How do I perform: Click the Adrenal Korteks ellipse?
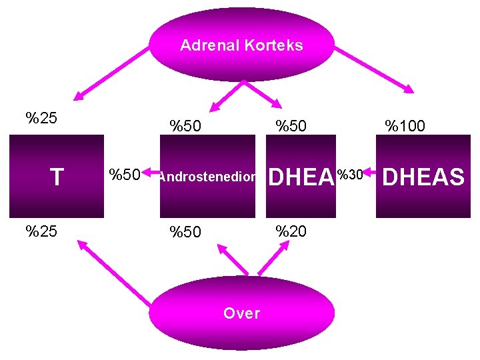(x=241, y=45)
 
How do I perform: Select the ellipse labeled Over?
(x=241, y=313)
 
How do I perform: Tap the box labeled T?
(x=57, y=177)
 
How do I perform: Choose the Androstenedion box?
(x=207, y=177)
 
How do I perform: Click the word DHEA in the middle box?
(x=300, y=177)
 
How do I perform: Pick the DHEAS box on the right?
(x=423, y=177)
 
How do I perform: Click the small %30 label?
(x=350, y=175)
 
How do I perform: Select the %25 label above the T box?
(x=41, y=119)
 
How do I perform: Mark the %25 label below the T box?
(x=41, y=231)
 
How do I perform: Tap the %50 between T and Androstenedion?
(x=125, y=175)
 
